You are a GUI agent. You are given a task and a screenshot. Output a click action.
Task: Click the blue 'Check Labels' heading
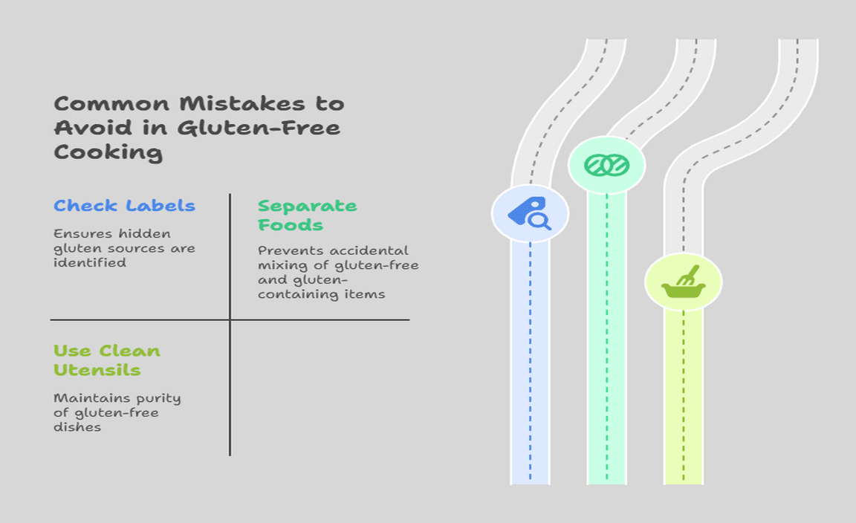(x=125, y=206)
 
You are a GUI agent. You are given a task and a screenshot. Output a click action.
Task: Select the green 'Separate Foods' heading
(x=308, y=215)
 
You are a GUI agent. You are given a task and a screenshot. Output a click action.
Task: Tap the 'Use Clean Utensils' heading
(x=107, y=360)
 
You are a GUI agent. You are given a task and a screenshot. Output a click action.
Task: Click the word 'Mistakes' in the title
(x=242, y=104)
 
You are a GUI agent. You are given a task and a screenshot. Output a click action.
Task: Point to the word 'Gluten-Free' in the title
(x=259, y=128)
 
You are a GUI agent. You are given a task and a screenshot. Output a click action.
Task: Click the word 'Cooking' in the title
(x=108, y=152)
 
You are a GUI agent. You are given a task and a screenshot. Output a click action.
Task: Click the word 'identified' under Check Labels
(x=90, y=262)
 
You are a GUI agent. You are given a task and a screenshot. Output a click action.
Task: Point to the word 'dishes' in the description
(x=77, y=427)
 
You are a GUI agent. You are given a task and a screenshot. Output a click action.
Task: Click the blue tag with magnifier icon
(x=530, y=213)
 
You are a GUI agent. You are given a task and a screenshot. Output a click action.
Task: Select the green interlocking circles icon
(x=606, y=165)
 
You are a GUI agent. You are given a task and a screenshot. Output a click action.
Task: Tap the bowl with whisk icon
(x=684, y=282)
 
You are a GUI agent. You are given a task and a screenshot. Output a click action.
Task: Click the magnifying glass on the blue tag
(x=540, y=221)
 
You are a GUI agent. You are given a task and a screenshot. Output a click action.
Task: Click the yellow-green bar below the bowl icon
(x=684, y=397)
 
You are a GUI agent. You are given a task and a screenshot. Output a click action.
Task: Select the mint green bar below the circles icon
(x=606, y=339)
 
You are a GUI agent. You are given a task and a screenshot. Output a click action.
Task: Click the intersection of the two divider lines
(x=230, y=320)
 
